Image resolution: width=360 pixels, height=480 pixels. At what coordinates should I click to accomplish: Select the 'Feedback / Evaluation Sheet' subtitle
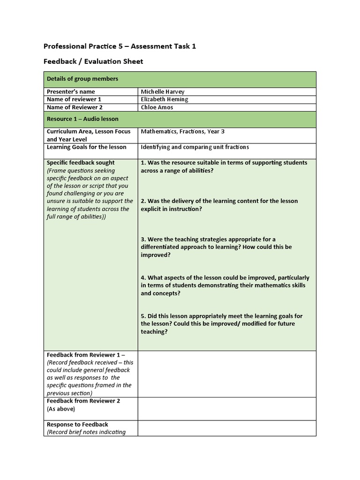coord(93,61)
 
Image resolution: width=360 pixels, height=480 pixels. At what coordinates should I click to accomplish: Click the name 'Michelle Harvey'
coord(159,92)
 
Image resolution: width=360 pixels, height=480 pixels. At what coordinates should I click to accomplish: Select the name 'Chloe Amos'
coord(157,107)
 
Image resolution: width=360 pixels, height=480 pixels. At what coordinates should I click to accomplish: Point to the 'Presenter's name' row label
coord(70,92)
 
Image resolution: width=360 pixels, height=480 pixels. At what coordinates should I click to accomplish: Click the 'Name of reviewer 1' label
coord(74,99)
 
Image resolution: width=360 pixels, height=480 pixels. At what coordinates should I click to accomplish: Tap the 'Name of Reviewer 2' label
coord(75,107)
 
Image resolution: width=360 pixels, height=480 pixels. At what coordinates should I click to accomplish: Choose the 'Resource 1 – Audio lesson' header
coord(82,119)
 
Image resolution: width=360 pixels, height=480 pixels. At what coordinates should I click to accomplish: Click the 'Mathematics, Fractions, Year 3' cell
coord(182,132)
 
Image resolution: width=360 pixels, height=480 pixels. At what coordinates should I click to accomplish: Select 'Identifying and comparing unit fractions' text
coord(195,147)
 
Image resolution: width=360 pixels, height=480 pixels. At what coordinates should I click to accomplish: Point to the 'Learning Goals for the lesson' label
coord(86,147)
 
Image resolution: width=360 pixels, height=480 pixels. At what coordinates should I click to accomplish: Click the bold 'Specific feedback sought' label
coord(81,163)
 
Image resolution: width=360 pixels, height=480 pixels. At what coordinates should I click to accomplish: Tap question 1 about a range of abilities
coord(224,166)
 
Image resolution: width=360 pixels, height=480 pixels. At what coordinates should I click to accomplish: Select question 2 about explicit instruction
coord(219,205)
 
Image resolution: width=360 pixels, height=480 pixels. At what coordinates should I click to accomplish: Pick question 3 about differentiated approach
coord(216,247)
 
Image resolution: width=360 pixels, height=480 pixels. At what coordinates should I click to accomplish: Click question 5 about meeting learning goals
coord(222,323)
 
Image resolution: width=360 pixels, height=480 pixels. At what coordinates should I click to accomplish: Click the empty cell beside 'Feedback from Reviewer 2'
coord(227,408)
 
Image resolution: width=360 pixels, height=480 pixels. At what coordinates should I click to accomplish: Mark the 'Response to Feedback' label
coord(77,424)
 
